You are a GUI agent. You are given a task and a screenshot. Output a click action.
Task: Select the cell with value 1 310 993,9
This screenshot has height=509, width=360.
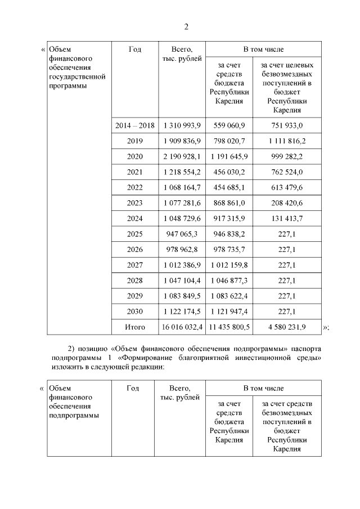[182, 125]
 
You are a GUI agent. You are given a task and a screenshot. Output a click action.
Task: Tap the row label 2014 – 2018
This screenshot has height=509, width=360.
[134, 125]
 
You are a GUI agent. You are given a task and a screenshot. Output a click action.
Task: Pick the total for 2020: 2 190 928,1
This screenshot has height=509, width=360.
[182, 156]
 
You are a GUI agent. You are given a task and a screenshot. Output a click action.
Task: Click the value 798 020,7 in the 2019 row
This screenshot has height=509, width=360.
[229, 141]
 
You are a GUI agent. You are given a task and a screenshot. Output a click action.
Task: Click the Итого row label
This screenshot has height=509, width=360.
[134, 327]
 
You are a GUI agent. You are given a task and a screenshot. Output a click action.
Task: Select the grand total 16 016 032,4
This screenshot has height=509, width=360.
[182, 327]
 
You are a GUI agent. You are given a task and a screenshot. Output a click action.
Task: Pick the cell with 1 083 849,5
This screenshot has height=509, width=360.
[182, 296]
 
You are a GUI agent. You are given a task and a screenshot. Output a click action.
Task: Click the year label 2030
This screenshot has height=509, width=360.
[134, 312]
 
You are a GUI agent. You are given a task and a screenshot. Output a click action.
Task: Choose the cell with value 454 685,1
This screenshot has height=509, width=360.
[229, 187]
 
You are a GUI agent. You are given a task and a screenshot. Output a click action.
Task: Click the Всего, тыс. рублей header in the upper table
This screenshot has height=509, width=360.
[182, 54]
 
